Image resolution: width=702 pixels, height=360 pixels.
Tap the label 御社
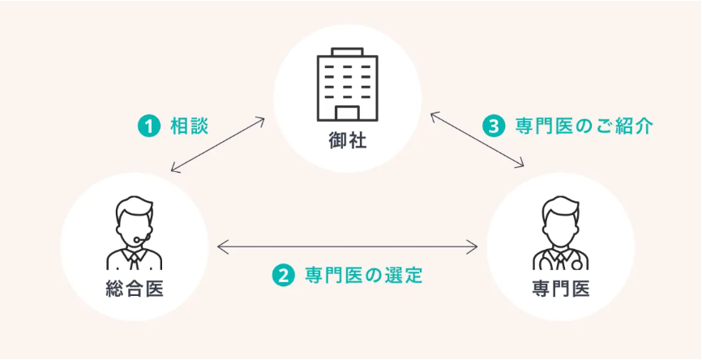pyautogui.click(x=347, y=141)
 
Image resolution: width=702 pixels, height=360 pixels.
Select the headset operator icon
pyautogui.click(x=135, y=232)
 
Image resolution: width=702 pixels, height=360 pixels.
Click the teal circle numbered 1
pyautogui.click(x=148, y=126)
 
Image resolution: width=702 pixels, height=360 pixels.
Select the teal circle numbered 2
pyautogui.click(x=283, y=275)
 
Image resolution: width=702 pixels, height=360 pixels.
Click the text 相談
pyautogui.click(x=189, y=126)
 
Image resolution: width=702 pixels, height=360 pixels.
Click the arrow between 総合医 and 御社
pyautogui.click(x=218, y=145)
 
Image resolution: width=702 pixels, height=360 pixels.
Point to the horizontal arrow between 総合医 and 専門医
pyautogui.click(x=348, y=244)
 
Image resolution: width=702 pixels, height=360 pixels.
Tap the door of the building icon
pyautogui.click(x=348, y=112)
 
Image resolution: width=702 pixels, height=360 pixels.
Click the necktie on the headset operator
pyautogui.click(x=135, y=259)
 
